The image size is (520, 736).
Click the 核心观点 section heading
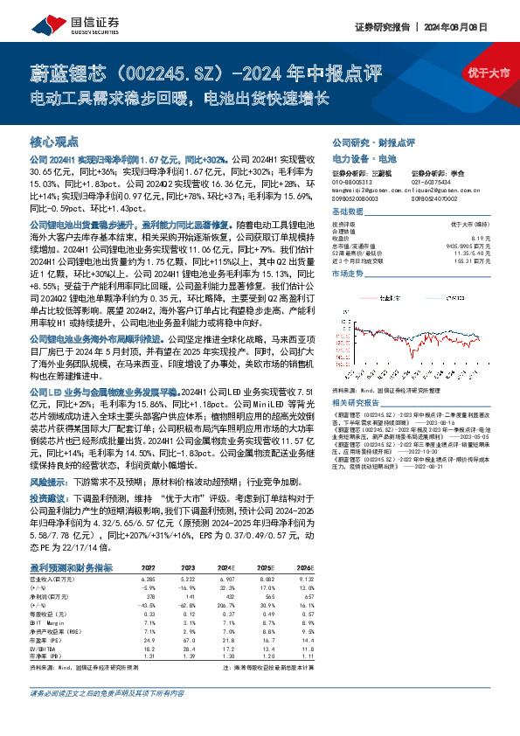pos(54,141)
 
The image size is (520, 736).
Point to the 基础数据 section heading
pos(348,212)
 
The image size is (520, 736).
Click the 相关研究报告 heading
pos(356,402)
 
